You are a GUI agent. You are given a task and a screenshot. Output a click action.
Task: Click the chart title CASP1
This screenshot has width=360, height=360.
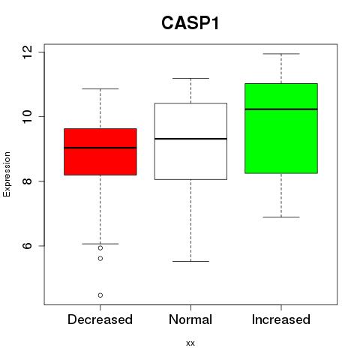click(190, 23)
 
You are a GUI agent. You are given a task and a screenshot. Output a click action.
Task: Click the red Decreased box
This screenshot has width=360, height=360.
click(100, 151)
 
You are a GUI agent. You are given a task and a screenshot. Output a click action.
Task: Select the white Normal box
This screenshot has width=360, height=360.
click(190, 141)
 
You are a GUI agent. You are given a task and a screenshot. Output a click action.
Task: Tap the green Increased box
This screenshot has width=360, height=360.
click(281, 128)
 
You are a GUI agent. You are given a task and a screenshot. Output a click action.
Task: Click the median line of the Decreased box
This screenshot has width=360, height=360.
click(100, 148)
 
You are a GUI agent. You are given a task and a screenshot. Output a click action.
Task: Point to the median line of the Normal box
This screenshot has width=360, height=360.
click(190, 139)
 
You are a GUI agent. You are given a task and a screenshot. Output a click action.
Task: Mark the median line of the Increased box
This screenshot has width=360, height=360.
click(281, 109)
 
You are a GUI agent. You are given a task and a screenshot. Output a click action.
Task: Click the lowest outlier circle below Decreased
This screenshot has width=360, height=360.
click(100, 295)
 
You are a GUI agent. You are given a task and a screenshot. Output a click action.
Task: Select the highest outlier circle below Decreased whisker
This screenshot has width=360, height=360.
click(100, 248)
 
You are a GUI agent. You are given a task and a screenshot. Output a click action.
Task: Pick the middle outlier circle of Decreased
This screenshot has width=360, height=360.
click(100, 259)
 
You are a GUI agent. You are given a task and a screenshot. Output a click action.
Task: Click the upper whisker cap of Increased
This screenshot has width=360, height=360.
click(281, 54)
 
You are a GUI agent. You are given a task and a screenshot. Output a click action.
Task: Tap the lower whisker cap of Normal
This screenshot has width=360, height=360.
click(190, 261)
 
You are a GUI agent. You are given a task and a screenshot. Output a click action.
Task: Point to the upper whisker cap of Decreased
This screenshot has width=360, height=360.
click(100, 88)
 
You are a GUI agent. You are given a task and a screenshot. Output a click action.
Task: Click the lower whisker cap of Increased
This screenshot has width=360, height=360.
click(281, 217)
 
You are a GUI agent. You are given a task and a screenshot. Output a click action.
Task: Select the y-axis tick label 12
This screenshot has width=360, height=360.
click(28, 52)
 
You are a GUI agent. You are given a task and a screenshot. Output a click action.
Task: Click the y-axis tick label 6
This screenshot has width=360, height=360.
click(28, 245)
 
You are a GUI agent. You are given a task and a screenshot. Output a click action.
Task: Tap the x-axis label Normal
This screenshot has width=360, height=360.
click(190, 319)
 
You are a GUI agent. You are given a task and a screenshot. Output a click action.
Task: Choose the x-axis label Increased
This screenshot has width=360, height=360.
click(281, 319)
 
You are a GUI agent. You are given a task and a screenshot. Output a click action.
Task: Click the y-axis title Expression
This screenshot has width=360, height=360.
click(7, 174)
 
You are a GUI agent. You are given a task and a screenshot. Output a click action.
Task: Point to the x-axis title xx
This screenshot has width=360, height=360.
click(190, 343)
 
